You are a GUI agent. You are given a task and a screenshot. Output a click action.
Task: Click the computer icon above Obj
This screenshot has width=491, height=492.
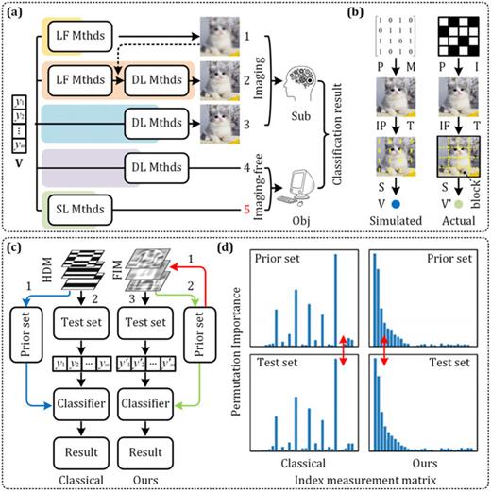pyautogui.click(x=300, y=183)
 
